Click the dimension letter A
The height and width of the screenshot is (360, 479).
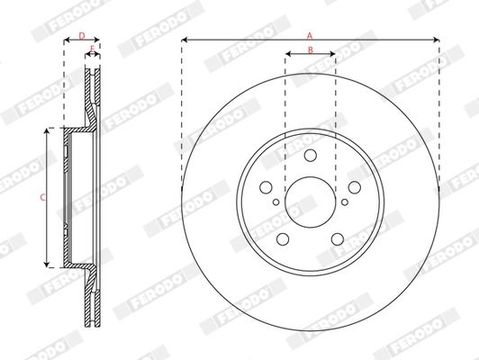[x=310, y=34]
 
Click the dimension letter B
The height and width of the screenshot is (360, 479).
[x=311, y=49]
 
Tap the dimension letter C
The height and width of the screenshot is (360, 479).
[x=41, y=196]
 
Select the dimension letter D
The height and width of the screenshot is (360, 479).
[x=82, y=35]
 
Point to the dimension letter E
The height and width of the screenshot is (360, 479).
[x=92, y=49]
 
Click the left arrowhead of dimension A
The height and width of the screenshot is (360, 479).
[x=184, y=40]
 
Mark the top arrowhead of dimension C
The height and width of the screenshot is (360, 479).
[x=48, y=132]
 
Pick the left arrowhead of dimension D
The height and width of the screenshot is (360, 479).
[x=66, y=40]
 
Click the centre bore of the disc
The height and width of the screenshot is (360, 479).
[x=311, y=198]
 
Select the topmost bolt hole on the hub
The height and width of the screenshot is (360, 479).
[x=311, y=156]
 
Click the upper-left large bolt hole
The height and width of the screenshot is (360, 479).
[x=267, y=188]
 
